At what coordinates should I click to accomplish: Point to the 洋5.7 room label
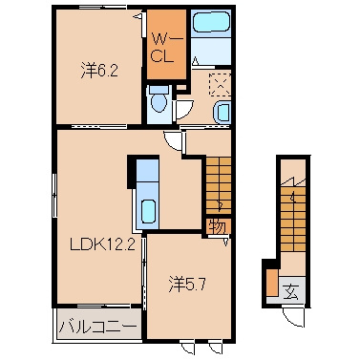[185, 284]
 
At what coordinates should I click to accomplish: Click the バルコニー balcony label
[97, 325]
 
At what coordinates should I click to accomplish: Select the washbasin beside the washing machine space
[222, 113]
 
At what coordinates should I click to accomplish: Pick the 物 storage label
[217, 226]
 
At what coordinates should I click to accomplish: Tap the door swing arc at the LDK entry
[172, 140]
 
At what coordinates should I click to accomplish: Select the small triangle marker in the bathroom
[195, 59]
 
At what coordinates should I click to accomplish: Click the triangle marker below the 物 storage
[225, 241]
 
